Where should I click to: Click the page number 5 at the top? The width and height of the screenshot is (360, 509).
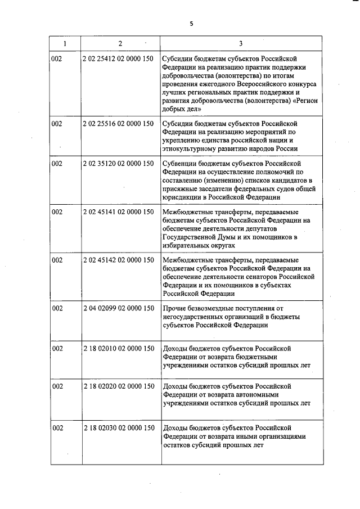[191, 23]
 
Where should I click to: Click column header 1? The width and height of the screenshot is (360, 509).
[64, 43]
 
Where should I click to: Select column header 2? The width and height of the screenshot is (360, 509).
[120, 43]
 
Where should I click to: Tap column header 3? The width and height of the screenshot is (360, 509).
[241, 43]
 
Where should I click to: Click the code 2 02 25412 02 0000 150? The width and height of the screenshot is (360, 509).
[118, 58]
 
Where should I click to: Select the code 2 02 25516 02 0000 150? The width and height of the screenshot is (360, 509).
[118, 123]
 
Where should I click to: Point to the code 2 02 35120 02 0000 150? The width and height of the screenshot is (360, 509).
[118, 164]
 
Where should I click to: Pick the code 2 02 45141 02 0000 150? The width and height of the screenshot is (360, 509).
[118, 212]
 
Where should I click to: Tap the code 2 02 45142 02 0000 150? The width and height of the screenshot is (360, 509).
[118, 260]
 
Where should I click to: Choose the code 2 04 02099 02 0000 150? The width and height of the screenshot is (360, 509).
[118, 308]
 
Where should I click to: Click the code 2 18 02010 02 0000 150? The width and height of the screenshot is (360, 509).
[118, 348]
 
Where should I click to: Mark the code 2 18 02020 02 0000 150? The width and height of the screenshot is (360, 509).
[118, 386]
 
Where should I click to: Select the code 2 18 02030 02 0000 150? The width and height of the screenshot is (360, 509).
[118, 429]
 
